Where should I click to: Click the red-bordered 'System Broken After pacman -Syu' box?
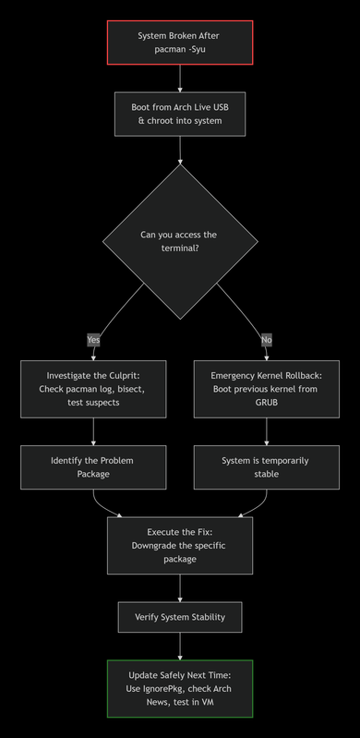pyautogui.click(x=180, y=42)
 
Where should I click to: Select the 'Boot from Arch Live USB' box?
pyautogui.click(x=180, y=114)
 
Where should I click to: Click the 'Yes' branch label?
pyautogui.click(x=93, y=339)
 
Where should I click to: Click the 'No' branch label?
pyautogui.click(x=267, y=339)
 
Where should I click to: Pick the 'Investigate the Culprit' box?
pyautogui.click(x=93, y=389)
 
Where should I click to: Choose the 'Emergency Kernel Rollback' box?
pyautogui.click(x=267, y=389)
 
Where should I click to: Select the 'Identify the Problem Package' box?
pyautogui.click(x=93, y=466)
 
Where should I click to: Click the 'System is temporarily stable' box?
pyautogui.click(x=267, y=466)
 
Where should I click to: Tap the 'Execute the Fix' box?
pyautogui.click(x=180, y=545)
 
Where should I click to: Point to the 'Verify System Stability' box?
pyautogui.click(x=180, y=617)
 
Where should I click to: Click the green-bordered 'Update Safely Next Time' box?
pyautogui.click(x=180, y=688)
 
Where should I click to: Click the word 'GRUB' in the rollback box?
pyautogui.click(x=267, y=403)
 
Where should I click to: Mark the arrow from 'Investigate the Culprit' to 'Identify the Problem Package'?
pyautogui.click(x=93, y=430)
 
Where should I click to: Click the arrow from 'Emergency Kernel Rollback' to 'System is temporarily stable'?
pyautogui.click(x=267, y=430)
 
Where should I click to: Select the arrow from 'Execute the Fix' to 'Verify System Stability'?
pyautogui.click(x=180, y=587)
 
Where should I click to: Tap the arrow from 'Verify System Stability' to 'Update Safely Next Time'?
pyautogui.click(x=180, y=646)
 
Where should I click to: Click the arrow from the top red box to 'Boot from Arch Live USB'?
pyautogui.click(x=180, y=79)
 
